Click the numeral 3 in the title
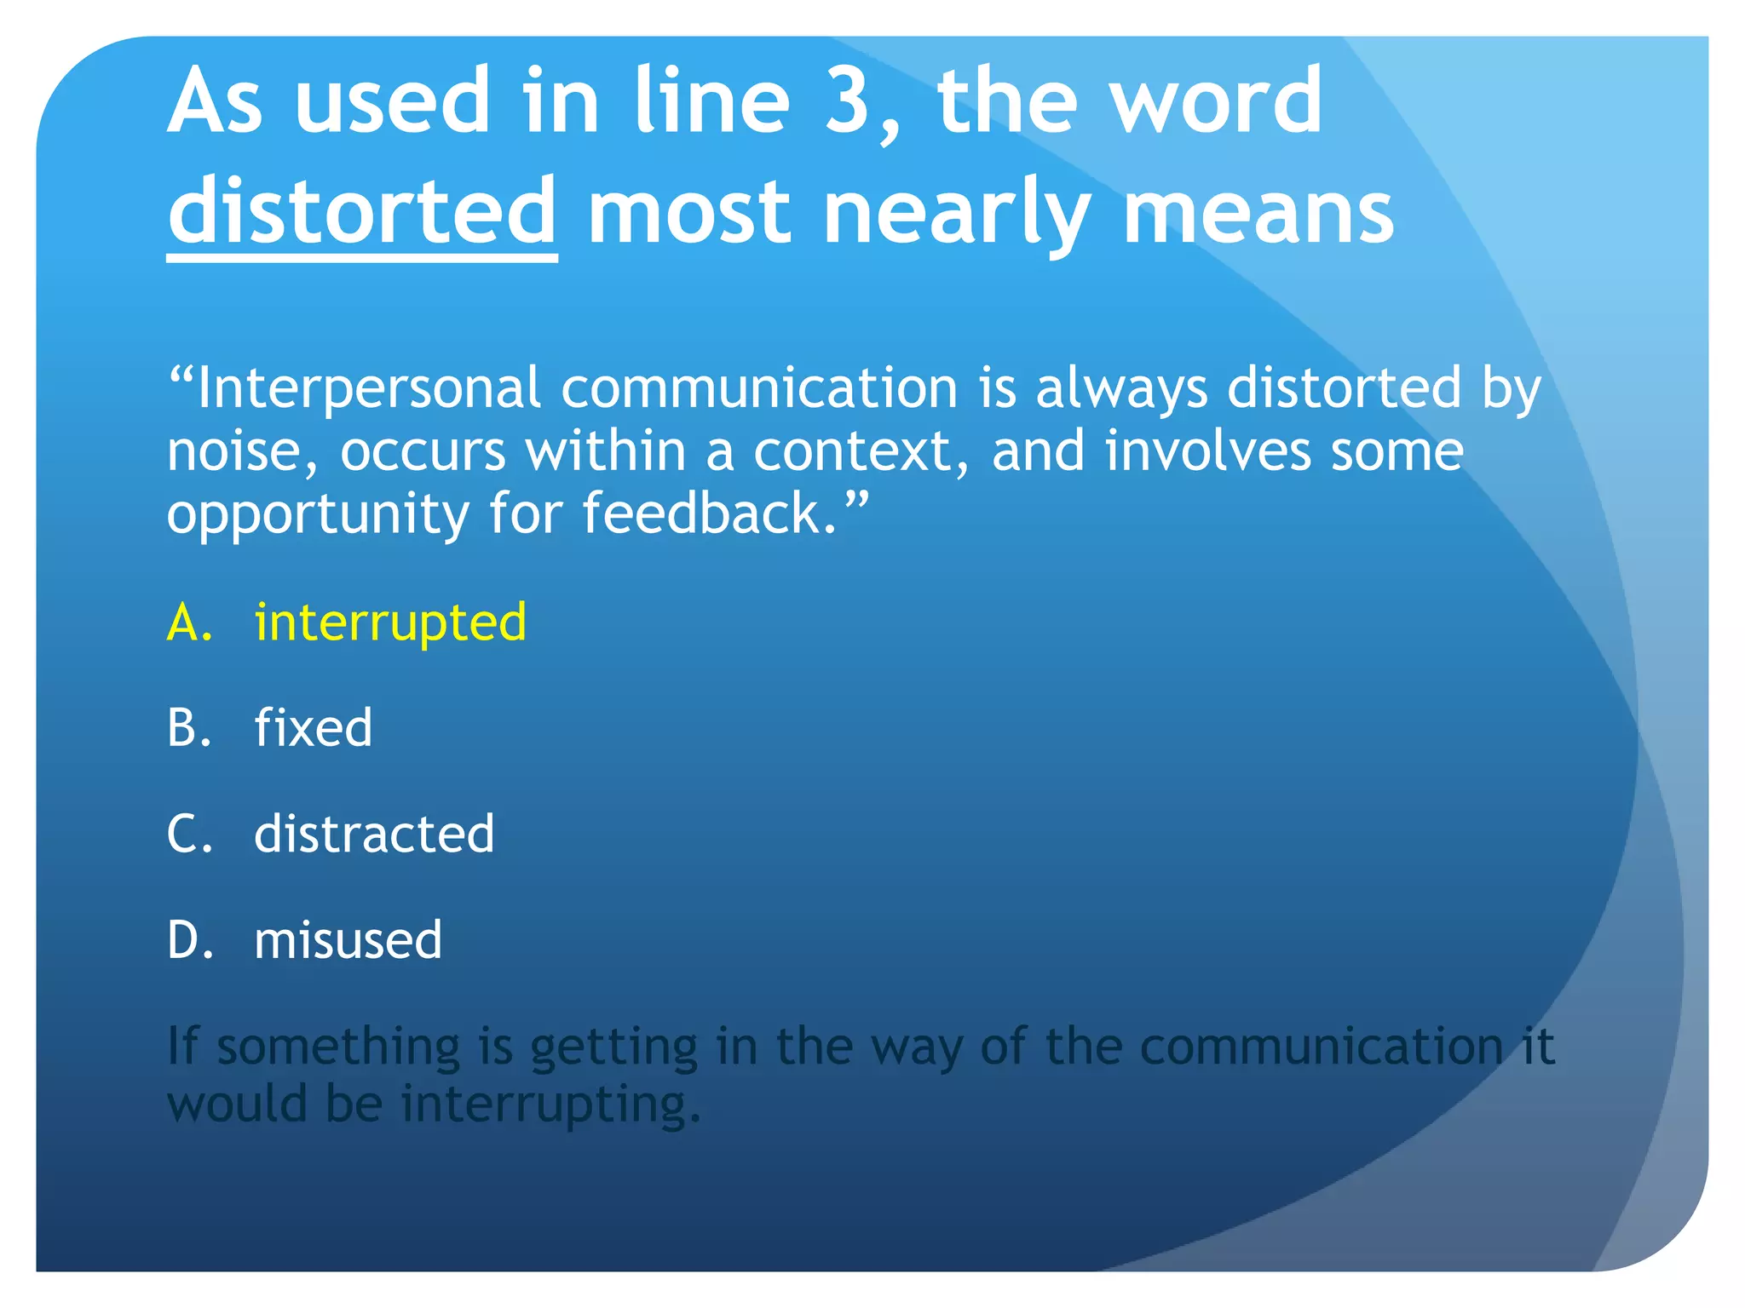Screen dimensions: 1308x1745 846,102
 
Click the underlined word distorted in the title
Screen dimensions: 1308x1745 362,210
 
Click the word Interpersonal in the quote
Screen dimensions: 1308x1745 368,389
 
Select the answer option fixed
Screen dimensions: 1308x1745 314,728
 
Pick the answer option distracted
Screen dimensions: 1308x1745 374,834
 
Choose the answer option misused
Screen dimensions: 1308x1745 348,940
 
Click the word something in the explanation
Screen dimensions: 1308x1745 338,1047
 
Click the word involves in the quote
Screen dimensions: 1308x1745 1207,451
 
